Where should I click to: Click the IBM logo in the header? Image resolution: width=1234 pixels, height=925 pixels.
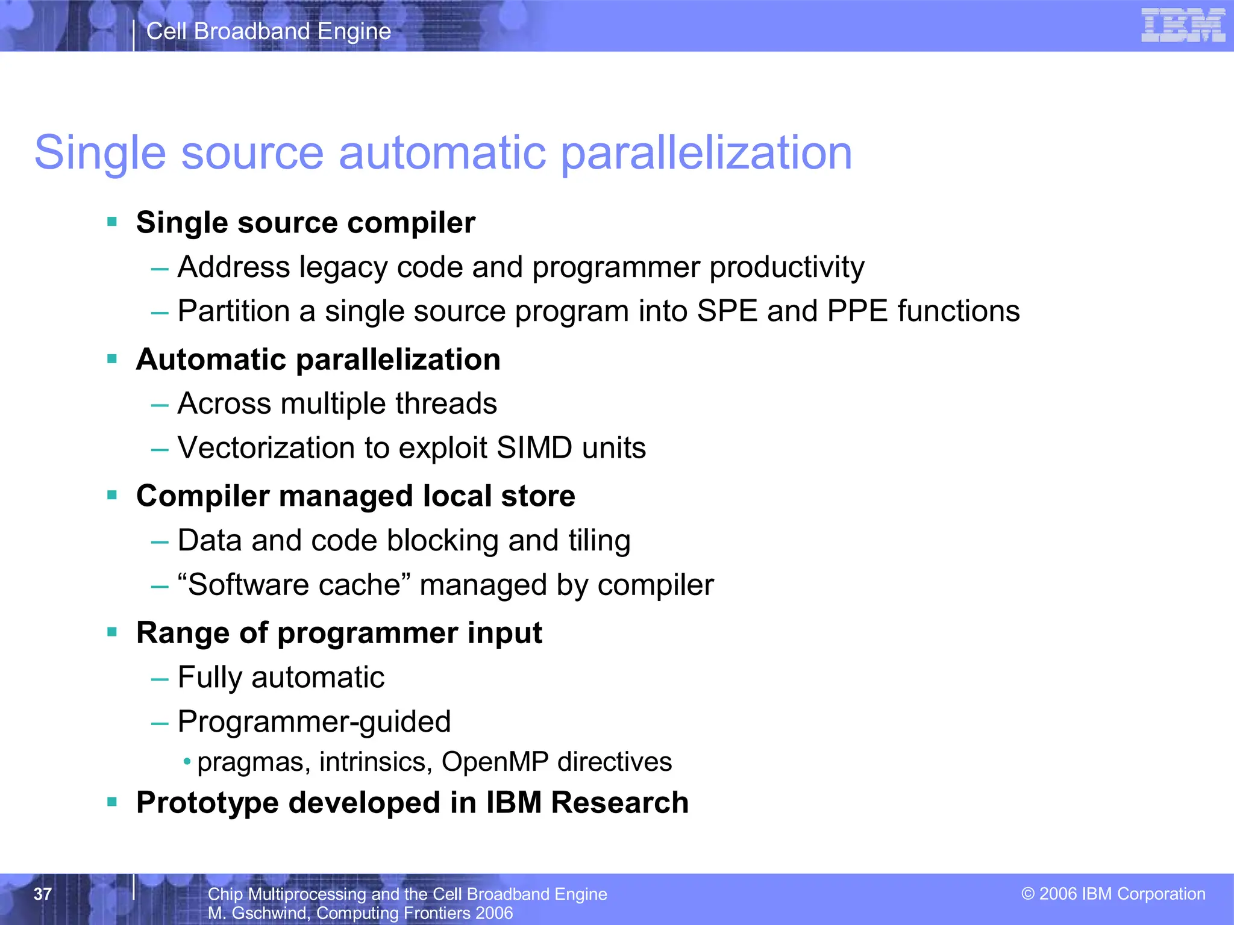[1183, 25]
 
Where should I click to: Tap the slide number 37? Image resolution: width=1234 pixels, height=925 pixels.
[43, 894]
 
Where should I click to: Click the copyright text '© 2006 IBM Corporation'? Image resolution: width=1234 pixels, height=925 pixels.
[1113, 894]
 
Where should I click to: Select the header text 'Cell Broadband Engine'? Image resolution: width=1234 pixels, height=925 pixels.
[269, 31]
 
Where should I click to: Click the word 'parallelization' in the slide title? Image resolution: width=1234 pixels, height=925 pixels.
[707, 153]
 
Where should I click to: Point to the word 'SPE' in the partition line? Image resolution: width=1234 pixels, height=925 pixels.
[727, 311]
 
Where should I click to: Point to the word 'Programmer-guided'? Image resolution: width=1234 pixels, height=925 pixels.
[314, 721]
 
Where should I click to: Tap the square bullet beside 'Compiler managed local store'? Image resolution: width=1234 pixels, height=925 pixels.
[112, 496]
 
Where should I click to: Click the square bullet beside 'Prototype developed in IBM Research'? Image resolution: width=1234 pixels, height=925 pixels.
[112, 802]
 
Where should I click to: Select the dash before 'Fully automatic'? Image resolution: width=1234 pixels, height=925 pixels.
[160, 679]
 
